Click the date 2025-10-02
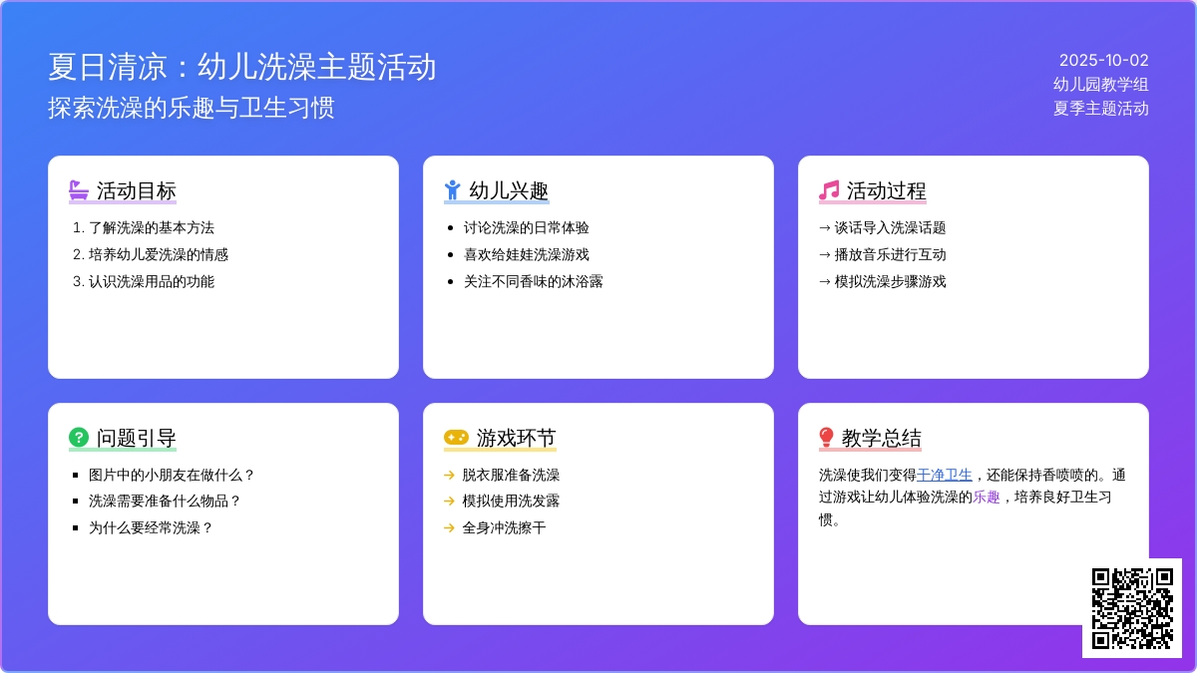(1103, 61)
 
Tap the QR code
(1132, 608)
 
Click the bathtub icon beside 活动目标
(79, 190)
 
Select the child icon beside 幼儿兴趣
(452, 190)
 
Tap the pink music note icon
(829, 190)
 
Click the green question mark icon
(79, 437)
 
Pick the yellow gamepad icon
(456, 438)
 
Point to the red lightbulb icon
(826, 437)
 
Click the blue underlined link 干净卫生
(945, 475)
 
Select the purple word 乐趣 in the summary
(986, 498)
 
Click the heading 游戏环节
(517, 438)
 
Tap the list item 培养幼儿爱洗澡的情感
(159, 255)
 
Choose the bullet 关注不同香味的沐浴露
(533, 281)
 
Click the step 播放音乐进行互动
(890, 255)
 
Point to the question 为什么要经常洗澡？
(152, 528)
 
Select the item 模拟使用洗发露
(511, 501)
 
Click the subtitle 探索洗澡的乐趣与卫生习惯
(191, 108)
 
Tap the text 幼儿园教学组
(1101, 85)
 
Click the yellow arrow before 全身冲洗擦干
(449, 528)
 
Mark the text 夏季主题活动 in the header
(1101, 109)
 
